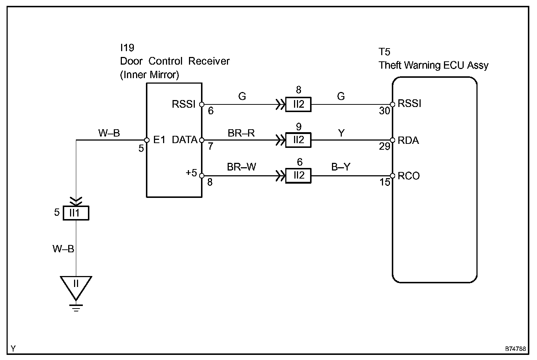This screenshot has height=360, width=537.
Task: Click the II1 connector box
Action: pos(76,213)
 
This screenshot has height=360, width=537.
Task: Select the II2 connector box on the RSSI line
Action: pos(298,104)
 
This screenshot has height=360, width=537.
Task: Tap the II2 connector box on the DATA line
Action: pos(298,140)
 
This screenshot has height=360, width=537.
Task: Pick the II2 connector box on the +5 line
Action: pos(298,176)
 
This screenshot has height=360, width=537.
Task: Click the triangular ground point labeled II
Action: pos(76,287)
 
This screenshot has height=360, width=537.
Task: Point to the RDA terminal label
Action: pos(408,141)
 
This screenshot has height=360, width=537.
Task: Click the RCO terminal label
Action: pos(409,176)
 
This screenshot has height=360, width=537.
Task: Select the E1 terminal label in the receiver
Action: pos(159,140)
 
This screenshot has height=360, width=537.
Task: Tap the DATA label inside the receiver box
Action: pos(185,140)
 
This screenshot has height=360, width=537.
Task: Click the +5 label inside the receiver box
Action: pos(191,173)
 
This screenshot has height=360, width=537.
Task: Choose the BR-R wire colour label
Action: pos(241,133)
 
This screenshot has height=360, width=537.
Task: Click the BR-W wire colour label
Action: pos(242,167)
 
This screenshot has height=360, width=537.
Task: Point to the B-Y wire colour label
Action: pos(341,167)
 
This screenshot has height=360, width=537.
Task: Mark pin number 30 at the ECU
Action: pos(385,111)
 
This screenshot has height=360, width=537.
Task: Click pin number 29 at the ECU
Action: pos(385,146)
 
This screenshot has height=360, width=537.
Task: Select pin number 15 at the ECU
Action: pos(385,183)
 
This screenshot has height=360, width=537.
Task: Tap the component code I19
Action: pos(127,48)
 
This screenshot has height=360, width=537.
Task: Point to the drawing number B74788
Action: pos(515,349)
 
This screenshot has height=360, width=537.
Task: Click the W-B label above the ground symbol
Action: pos(63,249)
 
